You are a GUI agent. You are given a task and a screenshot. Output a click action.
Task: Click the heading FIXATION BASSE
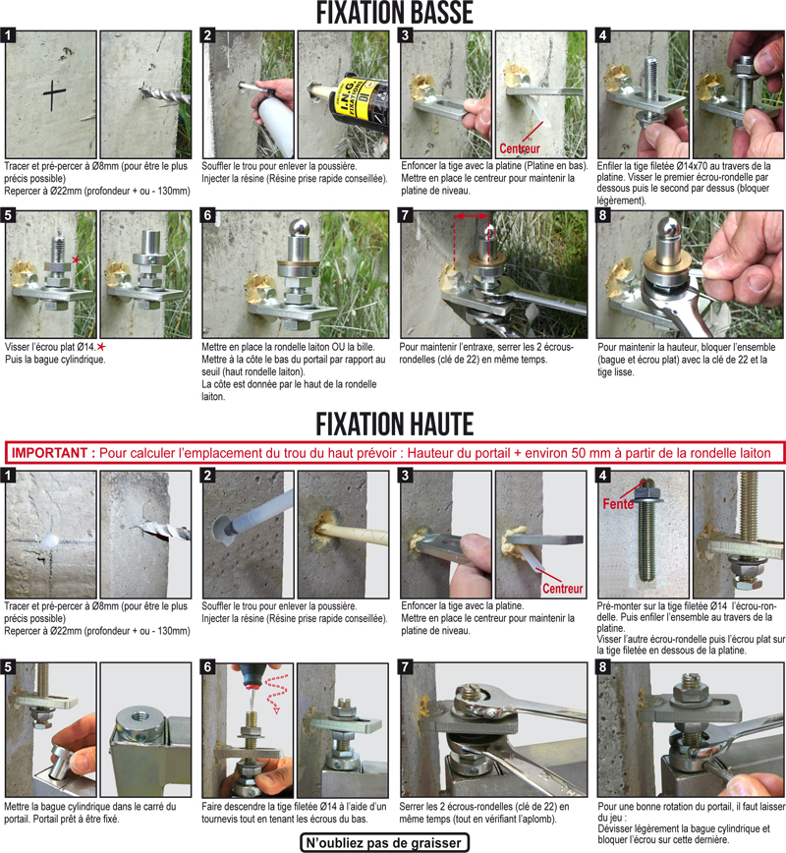(x=394, y=13)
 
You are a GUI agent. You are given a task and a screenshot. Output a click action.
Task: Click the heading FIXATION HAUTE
(x=394, y=425)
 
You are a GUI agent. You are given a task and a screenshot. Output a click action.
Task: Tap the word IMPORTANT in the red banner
(x=49, y=453)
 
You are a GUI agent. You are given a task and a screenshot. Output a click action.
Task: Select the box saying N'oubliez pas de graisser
(x=384, y=843)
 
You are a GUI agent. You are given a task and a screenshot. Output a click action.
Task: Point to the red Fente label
(x=618, y=504)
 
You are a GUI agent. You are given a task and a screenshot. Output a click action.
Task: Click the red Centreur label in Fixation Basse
(x=520, y=148)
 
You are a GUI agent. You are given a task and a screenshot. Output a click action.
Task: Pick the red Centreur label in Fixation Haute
(x=562, y=589)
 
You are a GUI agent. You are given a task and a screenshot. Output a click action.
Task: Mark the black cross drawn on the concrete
(x=54, y=95)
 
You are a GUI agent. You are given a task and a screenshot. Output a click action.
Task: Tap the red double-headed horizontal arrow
(x=472, y=216)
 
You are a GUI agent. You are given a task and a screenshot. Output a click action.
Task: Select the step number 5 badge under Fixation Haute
(x=8, y=667)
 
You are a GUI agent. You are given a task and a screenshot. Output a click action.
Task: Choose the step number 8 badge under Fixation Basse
(x=602, y=215)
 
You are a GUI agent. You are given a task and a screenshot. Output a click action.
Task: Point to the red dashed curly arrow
(x=276, y=692)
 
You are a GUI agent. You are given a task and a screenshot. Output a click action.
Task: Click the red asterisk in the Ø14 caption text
(x=101, y=347)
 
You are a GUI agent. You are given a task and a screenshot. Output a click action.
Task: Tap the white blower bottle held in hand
(x=275, y=124)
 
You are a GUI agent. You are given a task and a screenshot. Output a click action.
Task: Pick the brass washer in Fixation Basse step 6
(x=298, y=267)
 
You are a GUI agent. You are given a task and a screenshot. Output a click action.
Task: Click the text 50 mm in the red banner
(x=589, y=453)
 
